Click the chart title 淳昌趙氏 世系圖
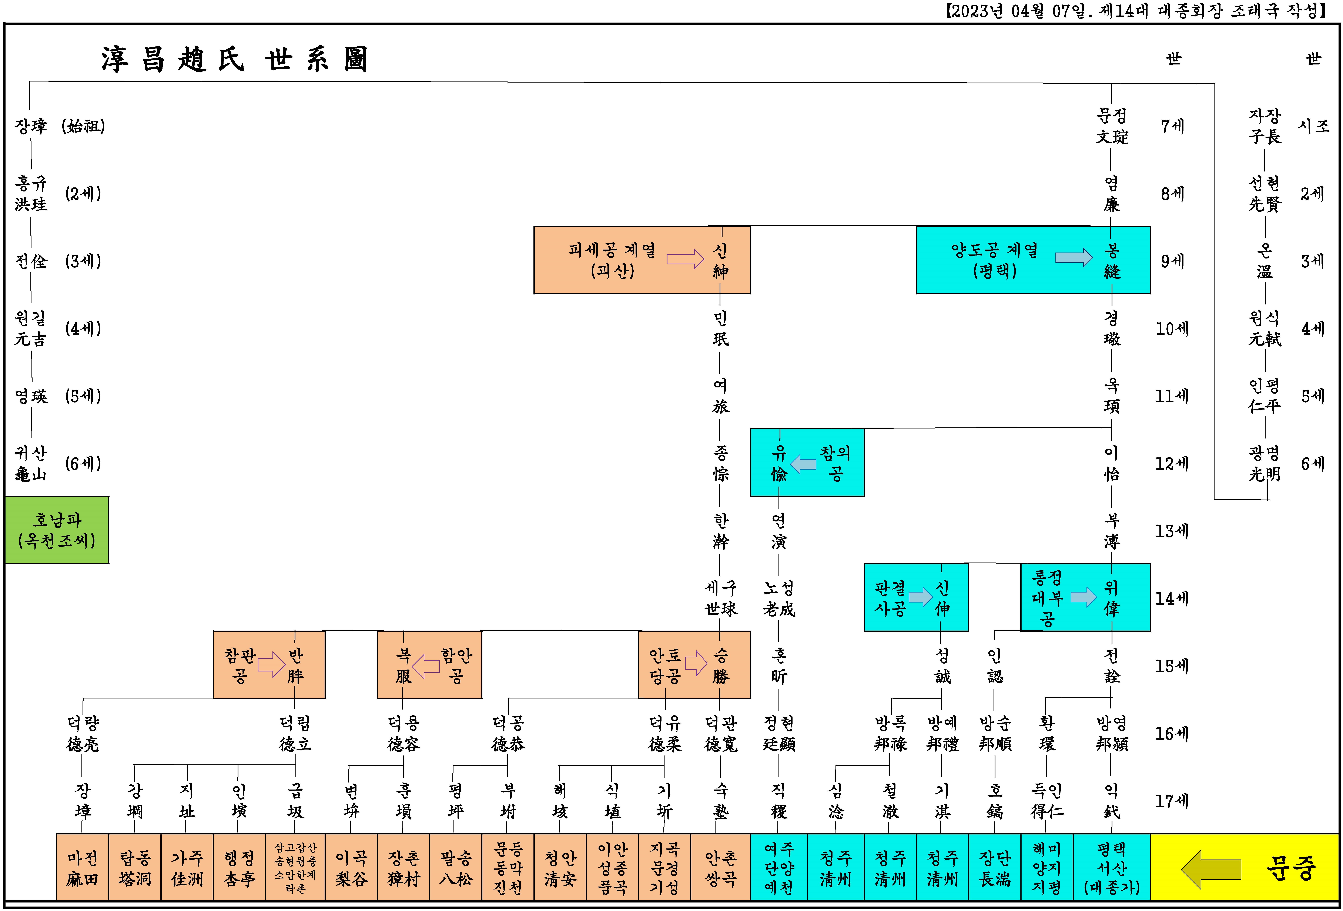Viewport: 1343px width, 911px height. (x=234, y=59)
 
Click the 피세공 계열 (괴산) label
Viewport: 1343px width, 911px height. (x=612, y=260)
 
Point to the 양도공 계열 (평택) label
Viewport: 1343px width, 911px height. (x=995, y=260)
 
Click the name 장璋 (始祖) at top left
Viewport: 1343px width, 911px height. (x=60, y=126)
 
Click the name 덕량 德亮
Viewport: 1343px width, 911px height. (x=83, y=734)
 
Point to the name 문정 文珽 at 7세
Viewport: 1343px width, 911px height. (x=1112, y=126)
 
